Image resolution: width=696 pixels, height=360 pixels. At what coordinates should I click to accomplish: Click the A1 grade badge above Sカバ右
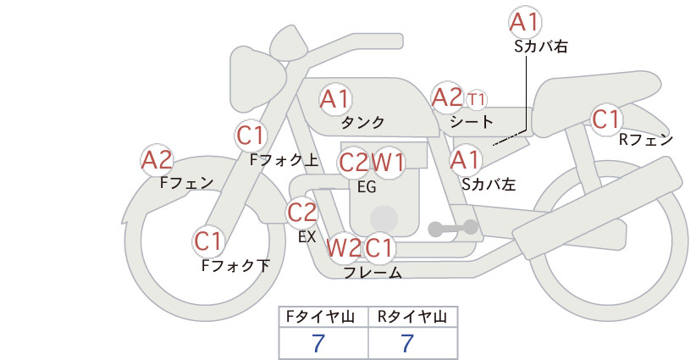coord(526,21)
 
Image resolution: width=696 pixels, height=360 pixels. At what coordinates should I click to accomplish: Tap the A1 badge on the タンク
coord(335,99)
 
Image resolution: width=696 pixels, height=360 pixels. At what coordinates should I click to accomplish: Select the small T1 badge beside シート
coord(477,99)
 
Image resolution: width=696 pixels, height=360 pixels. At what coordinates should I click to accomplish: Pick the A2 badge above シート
coord(446,97)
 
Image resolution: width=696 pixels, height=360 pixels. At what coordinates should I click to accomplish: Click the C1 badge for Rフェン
coord(605,119)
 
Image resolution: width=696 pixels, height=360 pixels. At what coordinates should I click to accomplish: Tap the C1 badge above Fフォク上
coord(251,135)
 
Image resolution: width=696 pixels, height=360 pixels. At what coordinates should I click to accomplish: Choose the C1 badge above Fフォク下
coord(207,241)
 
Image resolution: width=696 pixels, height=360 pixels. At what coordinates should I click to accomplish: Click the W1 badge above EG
coord(389,162)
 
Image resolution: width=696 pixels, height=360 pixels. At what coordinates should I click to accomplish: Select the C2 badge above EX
coord(302,212)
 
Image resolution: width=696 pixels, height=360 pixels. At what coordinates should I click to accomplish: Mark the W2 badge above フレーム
coord(344,248)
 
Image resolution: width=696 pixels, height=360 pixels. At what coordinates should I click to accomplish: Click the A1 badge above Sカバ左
coord(466,158)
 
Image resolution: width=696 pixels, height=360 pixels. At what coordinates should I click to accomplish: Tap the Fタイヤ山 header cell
coord(324,317)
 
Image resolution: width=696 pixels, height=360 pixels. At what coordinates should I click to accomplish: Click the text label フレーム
coord(372,273)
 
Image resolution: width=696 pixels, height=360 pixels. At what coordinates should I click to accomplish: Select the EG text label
coord(367,186)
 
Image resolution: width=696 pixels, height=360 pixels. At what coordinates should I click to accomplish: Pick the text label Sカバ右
coord(540,48)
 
